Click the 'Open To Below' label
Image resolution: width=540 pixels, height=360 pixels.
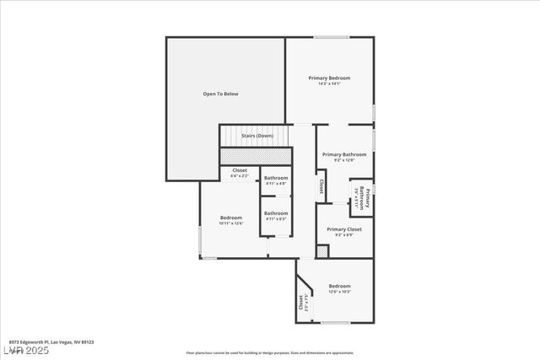tap(220, 94)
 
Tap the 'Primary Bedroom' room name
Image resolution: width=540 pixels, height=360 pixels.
tap(329, 78)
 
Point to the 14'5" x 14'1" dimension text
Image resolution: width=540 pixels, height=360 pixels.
tap(329, 83)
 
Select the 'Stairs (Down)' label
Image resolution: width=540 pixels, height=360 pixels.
tap(257, 136)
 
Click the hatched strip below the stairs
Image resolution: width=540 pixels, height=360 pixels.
tap(256, 156)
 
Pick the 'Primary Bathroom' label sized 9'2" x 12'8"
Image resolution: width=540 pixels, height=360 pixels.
tap(344, 154)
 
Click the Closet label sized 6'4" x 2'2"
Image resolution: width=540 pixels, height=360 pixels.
tap(240, 170)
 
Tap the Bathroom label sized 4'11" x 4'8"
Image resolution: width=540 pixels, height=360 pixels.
tap(276, 178)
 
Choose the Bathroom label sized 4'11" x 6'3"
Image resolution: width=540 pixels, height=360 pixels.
tap(276, 213)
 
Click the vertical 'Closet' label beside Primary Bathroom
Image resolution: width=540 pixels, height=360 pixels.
tap(321, 185)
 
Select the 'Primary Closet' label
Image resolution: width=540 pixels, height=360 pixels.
tap(344, 229)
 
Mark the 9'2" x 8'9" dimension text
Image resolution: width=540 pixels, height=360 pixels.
tap(344, 235)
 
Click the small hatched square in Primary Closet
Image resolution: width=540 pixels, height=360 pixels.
tap(321, 251)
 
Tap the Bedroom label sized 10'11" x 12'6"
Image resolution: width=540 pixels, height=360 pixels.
tap(231, 218)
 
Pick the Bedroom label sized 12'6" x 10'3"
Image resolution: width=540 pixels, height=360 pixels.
tap(340, 287)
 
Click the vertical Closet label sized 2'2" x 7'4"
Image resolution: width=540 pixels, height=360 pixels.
tap(301, 303)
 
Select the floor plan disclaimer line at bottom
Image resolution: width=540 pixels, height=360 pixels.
tap(270, 352)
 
